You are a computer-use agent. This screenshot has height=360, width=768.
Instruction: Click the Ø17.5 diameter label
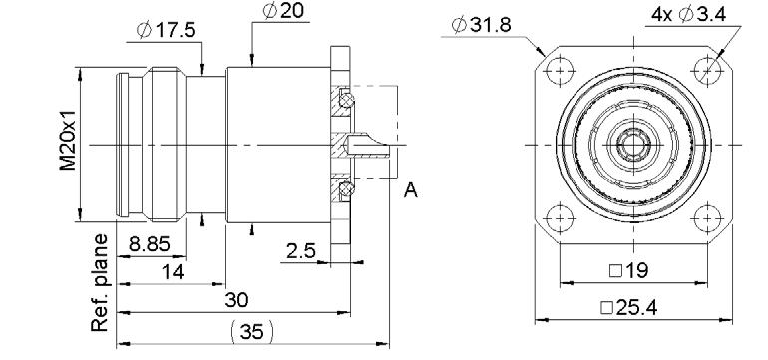pyautogui.click(x=166, y=30)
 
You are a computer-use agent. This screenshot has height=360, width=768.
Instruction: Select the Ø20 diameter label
pyautogui.click(x=283, y=11)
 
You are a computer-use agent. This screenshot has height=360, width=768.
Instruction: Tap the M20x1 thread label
pyautogui.click(x=68, y=140)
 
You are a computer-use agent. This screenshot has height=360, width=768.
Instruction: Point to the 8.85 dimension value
pyautogui.click(x=149, y=243)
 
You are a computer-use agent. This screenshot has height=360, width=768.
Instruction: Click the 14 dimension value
pyautogui.click(x=172, y=271)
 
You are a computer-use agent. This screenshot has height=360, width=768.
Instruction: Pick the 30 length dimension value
pyautogui.click(x=236, y=300)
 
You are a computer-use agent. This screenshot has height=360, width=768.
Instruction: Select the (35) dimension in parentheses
pyautogui.click(x=252, y=332)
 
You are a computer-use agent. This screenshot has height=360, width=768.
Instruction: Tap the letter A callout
pyautogui.click(x=411, y=190)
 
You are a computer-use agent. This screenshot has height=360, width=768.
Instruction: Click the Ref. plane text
pyautogui.click(x=100, y=282)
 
